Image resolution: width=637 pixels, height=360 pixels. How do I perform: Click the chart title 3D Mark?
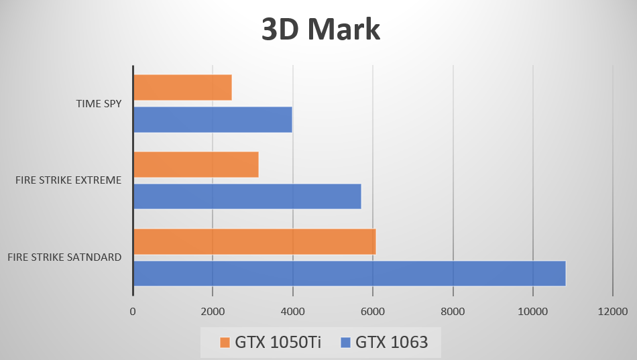coord(320,30)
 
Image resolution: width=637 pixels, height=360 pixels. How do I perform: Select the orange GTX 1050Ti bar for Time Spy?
coord(182,87)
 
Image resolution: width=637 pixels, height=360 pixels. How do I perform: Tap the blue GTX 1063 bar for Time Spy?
coord(213,119)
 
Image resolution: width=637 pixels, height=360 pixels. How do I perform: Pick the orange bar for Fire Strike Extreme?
coord(196,164)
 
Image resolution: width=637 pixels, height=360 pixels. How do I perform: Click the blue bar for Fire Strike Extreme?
coord(247,196)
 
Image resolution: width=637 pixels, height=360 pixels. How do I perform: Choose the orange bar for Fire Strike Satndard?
coord(254,241)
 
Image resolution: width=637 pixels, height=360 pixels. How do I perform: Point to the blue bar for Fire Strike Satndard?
coord(349,274)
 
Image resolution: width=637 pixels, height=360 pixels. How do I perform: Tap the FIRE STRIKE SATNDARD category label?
coord(65,257)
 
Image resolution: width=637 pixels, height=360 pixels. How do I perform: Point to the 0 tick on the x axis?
coord(133,311)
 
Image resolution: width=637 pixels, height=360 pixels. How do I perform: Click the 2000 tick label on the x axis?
coord(213,311)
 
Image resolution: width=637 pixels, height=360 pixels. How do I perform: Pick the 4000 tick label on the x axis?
coord(292,311)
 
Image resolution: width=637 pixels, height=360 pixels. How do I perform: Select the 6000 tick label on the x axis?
coord(373,311)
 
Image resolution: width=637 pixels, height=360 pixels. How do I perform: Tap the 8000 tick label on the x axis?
coord(453,311)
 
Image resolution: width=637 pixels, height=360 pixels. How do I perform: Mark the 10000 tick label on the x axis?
coord(532,311)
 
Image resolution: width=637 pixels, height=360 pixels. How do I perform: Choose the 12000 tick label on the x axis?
coord(613,311)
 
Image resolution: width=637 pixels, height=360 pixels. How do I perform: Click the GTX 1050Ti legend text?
coord(278,343)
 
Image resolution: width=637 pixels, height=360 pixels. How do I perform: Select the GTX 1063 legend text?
coord(392,343)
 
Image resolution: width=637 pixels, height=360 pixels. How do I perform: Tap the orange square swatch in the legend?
coord(225,343)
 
